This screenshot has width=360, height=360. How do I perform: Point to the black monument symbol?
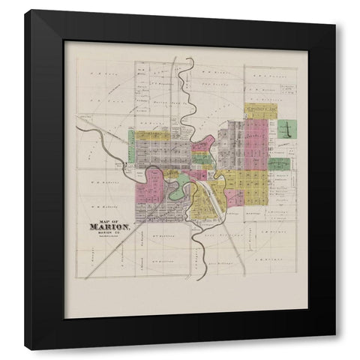point(285,129)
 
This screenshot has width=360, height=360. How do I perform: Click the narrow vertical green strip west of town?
point(130,148)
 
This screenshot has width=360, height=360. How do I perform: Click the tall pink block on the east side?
point(256,142)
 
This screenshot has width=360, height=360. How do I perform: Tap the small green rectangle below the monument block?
point(280,163)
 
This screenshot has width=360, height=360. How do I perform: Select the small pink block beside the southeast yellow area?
point(235,196)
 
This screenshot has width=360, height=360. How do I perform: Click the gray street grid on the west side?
point(161,153)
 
